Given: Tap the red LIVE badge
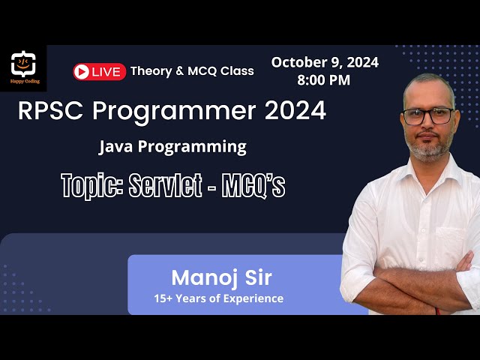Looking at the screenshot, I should [x=99, y=71].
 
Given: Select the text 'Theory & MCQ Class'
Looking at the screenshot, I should [x=192, y=71].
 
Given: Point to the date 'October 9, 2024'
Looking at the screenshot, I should [x=325, y=62].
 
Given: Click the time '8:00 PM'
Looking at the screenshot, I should [x=325, y=80].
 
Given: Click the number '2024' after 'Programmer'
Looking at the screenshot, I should [x=294, y=111].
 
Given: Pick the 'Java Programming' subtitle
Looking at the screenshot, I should [x=172, y=146].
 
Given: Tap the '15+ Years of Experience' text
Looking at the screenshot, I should [x=218, y=298].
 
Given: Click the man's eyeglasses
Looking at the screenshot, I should [x=428, y=116].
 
